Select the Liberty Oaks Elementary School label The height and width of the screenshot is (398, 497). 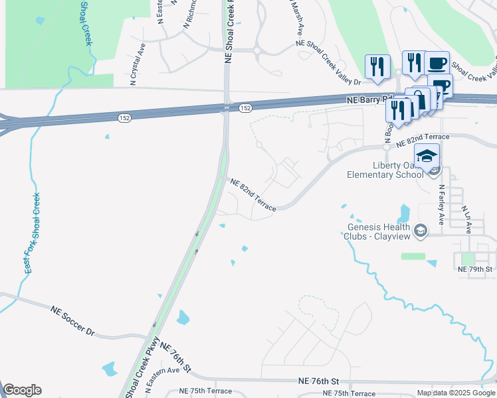[385, 170]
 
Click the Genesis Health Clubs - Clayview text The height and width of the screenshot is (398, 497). [376, 231]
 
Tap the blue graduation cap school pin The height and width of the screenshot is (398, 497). [427, 156]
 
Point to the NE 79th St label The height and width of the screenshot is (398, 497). [474, 269]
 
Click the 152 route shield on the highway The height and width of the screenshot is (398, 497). [245, 107]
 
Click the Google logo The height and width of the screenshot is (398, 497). [22, 390]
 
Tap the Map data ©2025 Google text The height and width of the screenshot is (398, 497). [456, 393]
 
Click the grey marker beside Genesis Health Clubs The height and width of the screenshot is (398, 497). [419, 231]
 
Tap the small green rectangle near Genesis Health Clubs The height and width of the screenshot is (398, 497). [412, 256]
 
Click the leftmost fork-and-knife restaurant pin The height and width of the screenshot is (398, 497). [376, 66]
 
